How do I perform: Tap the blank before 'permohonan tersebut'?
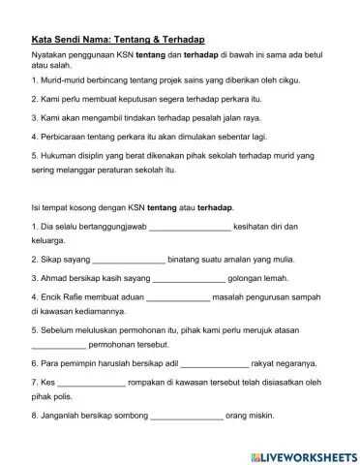coord(58,346)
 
